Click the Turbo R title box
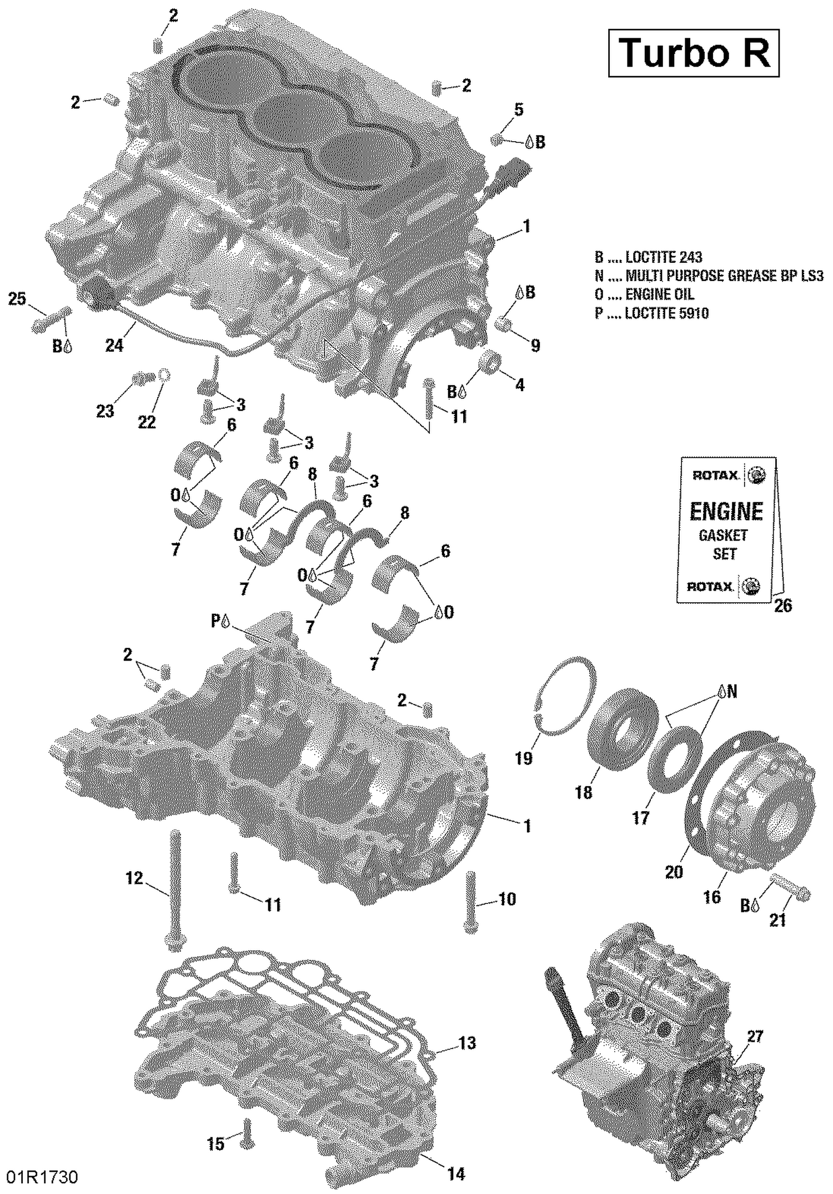pyautogui.click(x=694, y=53)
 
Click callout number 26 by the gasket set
pyautogui.click(x=782, y=606)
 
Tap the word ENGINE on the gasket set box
pyautogui.click(x=726, y=511)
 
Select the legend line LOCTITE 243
pyautogui.click(x=649, y=257)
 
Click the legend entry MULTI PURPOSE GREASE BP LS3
pyautogui.click(x=709, y=276)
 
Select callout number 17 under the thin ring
pyautogui.click(x=640, y=817)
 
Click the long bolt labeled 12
pyautogui.click(x=174, y=889)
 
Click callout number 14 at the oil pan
pyautogui.click(x=455, y=1174)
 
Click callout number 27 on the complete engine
pyautogui.click(x=755, y=1037)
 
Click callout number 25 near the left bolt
pyautogui.click(x=17, y=299)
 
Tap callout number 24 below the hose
pyautogui.click(x=114, y=346)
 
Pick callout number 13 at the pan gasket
pyautogui.click(x=467, y=1043)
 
